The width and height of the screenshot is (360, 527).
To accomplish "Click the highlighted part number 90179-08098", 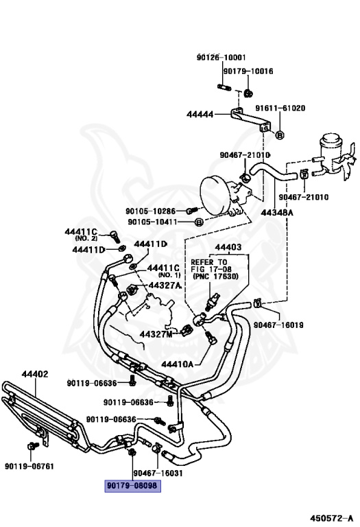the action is pos(132,486).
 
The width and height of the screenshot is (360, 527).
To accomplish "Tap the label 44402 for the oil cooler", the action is pos(35,374).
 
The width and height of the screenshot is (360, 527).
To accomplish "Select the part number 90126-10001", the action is pos(221,58).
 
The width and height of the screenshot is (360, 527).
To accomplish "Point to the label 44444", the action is pos(200,115).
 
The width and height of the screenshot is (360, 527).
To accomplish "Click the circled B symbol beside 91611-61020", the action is pos(280,134).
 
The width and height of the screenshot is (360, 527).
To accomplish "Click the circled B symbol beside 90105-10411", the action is pos(199,222).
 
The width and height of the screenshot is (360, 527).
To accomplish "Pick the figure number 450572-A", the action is pos(331,518).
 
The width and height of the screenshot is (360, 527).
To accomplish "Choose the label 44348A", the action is pos(277,213).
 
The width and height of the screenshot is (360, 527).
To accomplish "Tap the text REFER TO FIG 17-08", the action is pos(211,266).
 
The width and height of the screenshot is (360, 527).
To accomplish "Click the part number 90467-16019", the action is pos(278,325).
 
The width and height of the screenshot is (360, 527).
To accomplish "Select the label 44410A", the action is pos(178,364).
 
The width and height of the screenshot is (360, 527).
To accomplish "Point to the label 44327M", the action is pos(156,334).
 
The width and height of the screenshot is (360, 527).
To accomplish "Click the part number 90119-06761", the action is pos(29,466).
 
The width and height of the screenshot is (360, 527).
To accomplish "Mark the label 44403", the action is pos(228,247).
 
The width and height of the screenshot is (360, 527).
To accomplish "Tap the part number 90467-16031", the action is pos(158,473).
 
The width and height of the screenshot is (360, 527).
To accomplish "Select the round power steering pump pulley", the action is pos(215,196).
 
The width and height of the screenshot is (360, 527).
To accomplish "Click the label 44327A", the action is pos(165,285).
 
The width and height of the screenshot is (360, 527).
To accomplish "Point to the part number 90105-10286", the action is pos(150,211).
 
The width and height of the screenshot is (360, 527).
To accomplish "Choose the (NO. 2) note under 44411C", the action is pos(86,238).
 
